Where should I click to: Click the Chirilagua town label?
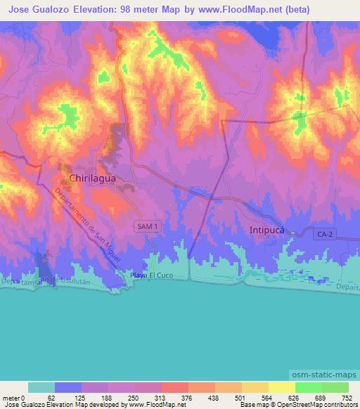pyautogui.click(x=91, y=178)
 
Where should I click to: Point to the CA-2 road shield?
pyautogui.click(x=324, y=233)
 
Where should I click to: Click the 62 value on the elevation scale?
pyautogui.click(x=56, y=397)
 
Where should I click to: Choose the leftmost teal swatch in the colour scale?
pyautogui.click(x=41, y=387)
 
